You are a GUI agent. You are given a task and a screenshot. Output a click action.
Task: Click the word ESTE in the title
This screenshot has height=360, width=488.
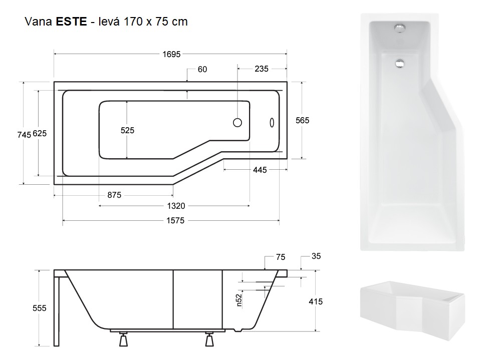coord(72,22)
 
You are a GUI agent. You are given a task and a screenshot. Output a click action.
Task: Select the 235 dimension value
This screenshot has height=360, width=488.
coord(262,69)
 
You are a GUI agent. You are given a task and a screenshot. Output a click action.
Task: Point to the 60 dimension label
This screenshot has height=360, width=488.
coord(202,69)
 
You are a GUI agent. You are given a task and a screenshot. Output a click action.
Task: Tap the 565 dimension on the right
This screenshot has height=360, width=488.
coord(303,120)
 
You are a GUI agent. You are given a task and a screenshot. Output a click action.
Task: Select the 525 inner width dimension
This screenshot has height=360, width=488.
coord(128,130)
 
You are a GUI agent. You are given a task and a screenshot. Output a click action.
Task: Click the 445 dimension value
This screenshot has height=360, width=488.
coord(259,170)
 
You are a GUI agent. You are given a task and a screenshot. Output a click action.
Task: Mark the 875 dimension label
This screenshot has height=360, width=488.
coord(114,194)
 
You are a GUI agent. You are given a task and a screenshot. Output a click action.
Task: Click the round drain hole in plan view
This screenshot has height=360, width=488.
coord(237,122)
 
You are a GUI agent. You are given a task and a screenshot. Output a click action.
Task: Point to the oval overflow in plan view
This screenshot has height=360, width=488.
coord(272,122)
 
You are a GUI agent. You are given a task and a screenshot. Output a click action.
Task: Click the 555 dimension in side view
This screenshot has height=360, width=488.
coord(40,308)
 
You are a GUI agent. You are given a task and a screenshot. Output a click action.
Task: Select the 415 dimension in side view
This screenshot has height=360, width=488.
coord(316,301)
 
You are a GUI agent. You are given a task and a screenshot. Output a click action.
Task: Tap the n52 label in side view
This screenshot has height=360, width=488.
coord(239,299)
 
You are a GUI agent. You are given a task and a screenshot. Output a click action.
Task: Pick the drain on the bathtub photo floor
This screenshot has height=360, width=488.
coord(400,64)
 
